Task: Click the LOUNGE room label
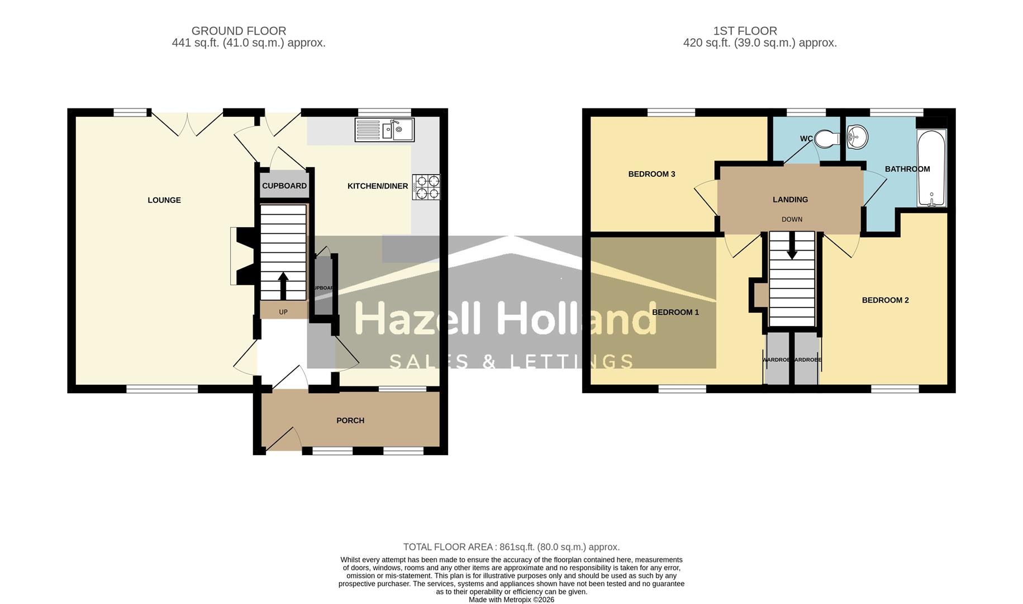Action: tap(164, 200)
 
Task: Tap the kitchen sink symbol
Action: tap(384, 130)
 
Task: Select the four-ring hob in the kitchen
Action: tap(426, 187)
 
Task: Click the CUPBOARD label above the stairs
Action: tap(284, 186)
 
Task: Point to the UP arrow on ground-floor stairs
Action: tap(283, 285)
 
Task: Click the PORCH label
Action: tap(350, 421)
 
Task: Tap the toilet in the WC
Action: tap(827, 139)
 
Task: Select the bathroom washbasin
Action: tap(857, 136)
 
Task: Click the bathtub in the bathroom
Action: tap(931, 168)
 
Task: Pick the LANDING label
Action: tap(790, 200)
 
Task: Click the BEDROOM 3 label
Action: tap(651, 174)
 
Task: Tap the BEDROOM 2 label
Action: tap(885, 300)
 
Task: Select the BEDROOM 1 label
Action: tap(675, 312)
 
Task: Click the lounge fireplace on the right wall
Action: tap(242, 256)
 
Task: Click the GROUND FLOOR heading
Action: tap(239, 31)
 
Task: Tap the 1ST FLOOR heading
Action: tap(745, 31)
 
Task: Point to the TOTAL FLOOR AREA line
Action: tap(511, 547)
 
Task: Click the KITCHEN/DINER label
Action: tap(378, 186)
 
